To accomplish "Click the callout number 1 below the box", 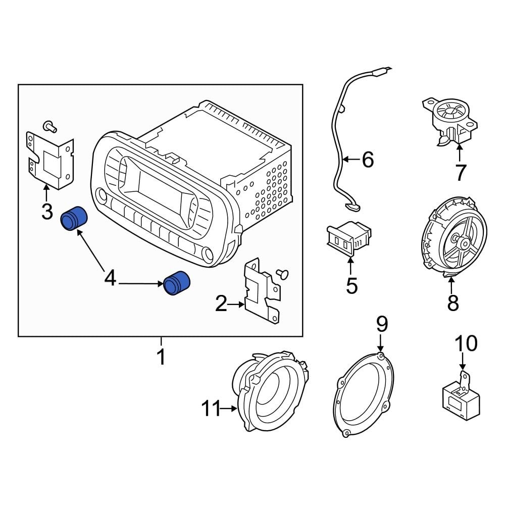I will [x=161, y=357].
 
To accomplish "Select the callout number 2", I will [x=221, y=304].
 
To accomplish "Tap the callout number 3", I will [x=46, y=211].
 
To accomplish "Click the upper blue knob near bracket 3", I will [x=74, y=219].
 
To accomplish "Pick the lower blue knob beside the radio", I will [x=177, y=283].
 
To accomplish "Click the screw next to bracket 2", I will [x=283, y=273].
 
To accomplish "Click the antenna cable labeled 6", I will [x=337, y=151].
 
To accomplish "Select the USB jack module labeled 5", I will [x=348, y=237].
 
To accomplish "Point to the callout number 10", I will [x=465, y=343].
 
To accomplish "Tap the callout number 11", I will [x=212, y=408].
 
